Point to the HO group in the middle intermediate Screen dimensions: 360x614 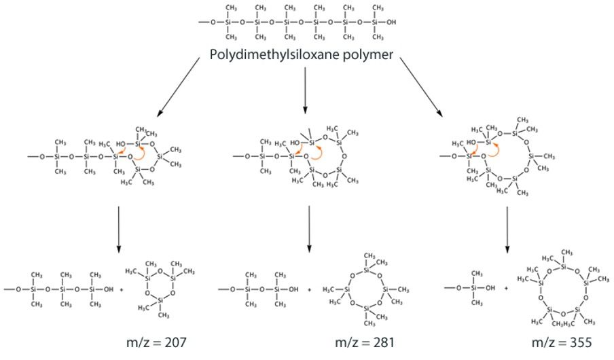point(297,143)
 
